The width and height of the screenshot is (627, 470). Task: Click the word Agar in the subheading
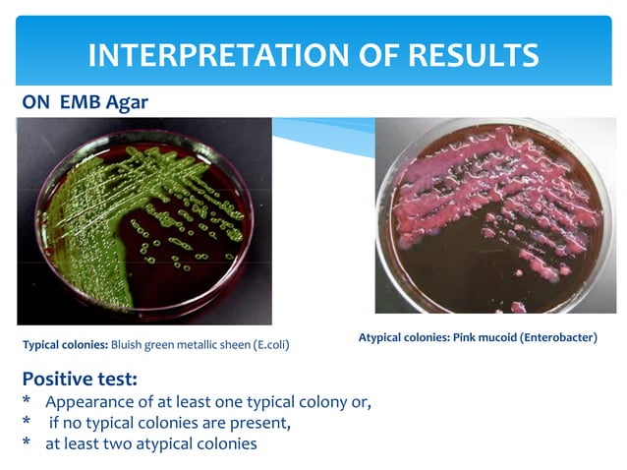[128, 100]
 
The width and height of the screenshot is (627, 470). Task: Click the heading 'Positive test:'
[79, 379]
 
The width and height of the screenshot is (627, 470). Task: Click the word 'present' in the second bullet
[261, 424]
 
